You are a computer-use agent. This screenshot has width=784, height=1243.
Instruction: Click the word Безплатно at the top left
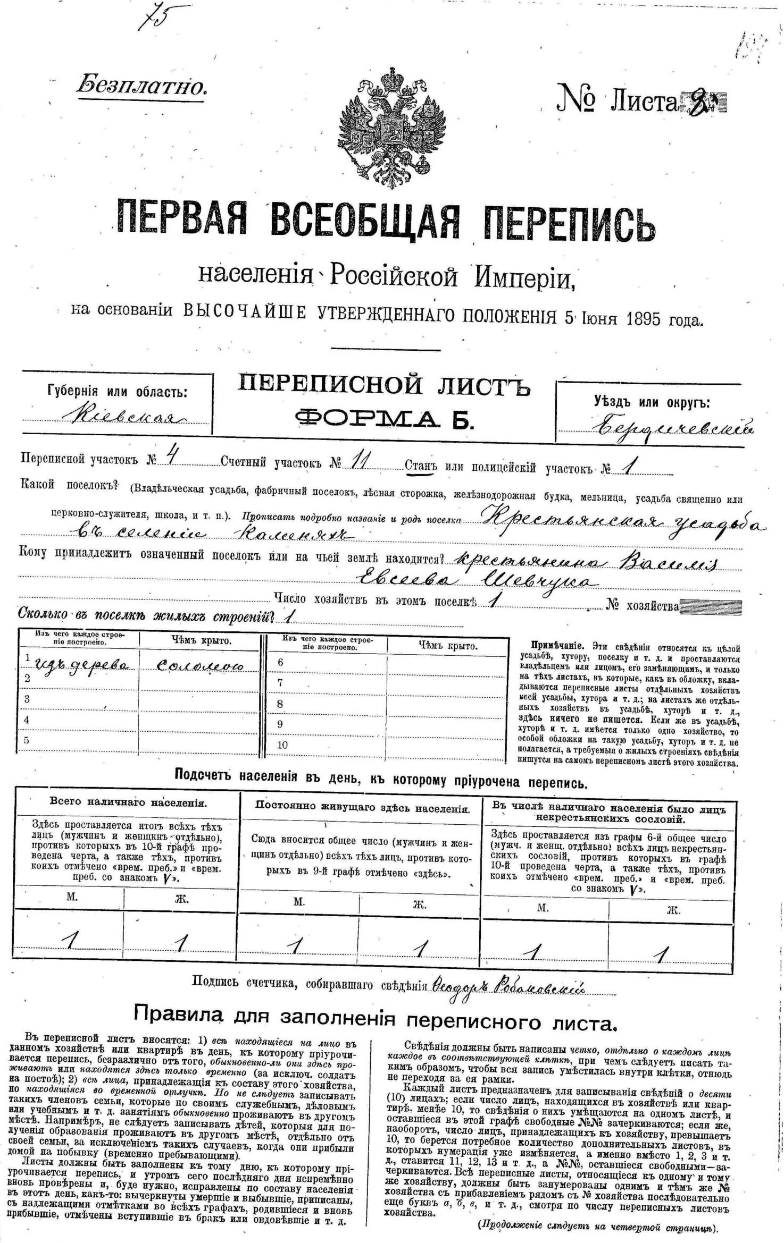click(x=141, y=86)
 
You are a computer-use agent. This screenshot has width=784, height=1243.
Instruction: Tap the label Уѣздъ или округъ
click(x=651, y=402)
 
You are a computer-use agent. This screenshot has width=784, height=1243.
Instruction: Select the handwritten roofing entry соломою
click(x=201, y=665)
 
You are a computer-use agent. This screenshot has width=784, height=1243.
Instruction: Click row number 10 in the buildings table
click(x=282, y=745)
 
